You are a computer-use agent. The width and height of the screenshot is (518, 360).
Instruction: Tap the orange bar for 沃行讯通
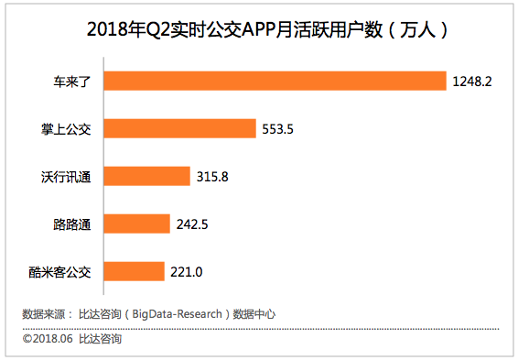pyautogui.click(x=147, y=176)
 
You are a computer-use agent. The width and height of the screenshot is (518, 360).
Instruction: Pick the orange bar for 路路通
pyautogui.click(x=137, y=224)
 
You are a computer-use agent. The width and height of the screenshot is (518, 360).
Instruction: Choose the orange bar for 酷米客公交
pyautogui.click(x=135, y=271)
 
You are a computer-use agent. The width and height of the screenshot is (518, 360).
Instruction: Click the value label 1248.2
pyautogui.click(x=472, y=82)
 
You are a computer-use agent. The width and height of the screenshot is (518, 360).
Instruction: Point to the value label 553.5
pyautogui.click(x=277, y=129)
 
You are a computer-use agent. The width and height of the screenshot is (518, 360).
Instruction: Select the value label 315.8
pyautogui.click(x=211, y=177)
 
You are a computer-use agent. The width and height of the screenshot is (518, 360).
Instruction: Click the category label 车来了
pyautogui.click(x=71, y=82)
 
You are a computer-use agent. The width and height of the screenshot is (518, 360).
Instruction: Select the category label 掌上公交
pyautogui.click(x=66, y=129)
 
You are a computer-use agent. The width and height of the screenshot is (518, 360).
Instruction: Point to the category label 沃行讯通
pyautogui.click(x=66, y=177)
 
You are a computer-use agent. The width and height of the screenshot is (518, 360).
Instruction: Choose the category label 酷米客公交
pyautogui.click(x=60, y=272)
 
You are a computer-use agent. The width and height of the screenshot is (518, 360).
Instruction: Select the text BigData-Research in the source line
pyautogui.click(x=178, y=314)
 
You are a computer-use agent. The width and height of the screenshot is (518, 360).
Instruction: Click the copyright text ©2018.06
pyautogui.click(x=46, y=340)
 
